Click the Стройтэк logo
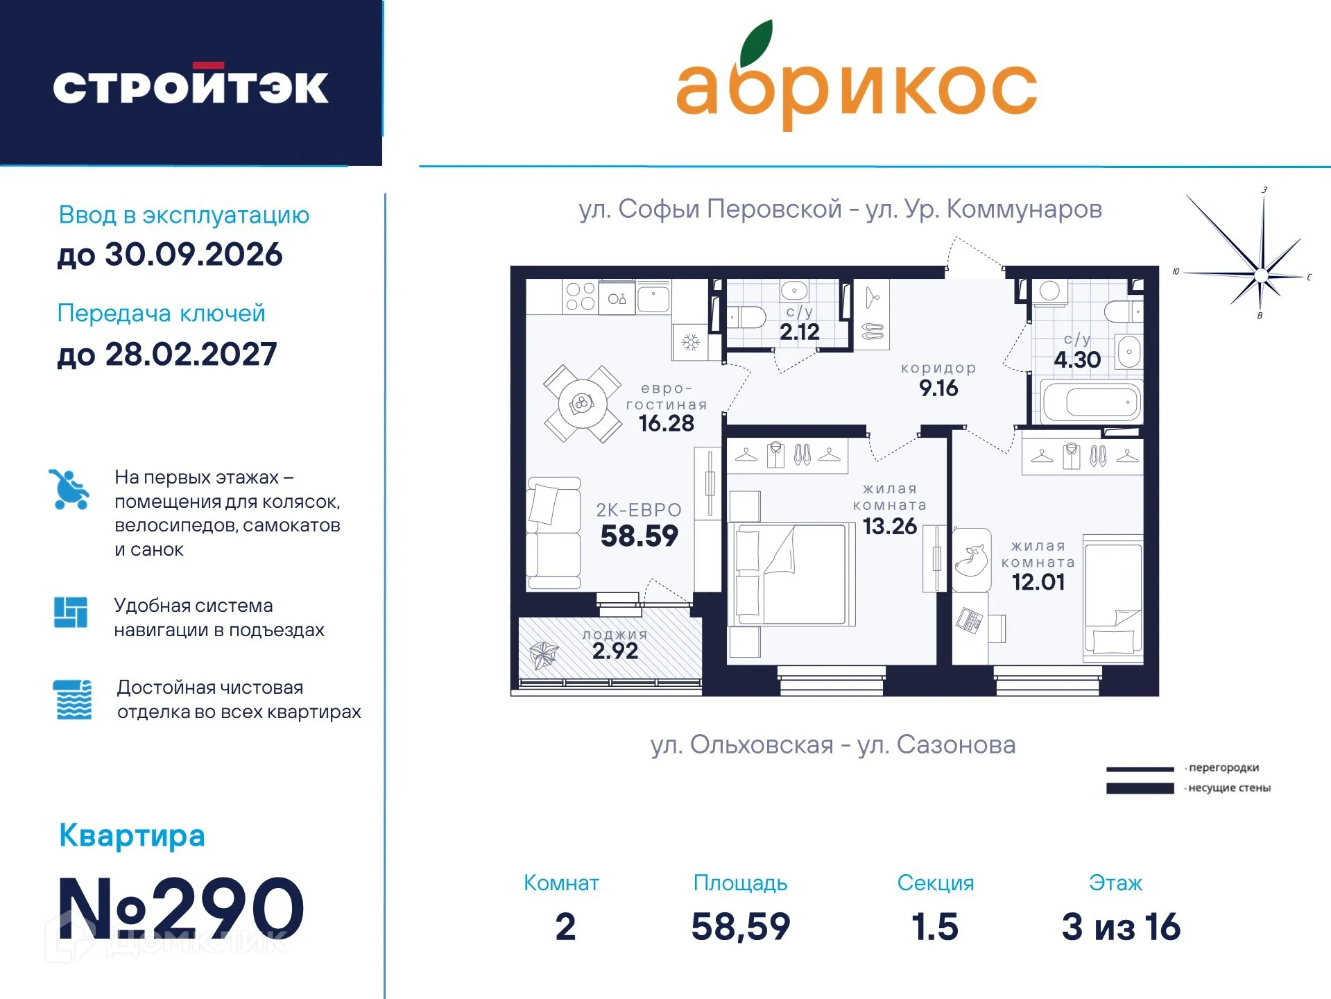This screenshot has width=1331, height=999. [191, 86]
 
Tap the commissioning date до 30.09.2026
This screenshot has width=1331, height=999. [170, 255]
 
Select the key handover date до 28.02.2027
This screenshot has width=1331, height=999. [167, 355]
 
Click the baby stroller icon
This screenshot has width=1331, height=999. [69, 489]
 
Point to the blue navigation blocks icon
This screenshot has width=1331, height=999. [71, 612]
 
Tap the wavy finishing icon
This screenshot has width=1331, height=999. [73, 699]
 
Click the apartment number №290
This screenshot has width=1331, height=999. [181, 908]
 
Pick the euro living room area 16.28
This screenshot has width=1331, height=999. [666, 423]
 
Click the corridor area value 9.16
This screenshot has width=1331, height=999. [938, 388]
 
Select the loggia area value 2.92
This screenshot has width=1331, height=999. [615, 651]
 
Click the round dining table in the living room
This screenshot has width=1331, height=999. [582, 403]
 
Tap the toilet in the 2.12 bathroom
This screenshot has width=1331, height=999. [746, 318]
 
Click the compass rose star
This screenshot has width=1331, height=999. [1261, 275]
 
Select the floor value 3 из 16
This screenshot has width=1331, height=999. [1120, 927]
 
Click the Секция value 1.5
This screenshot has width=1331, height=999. [934, 927]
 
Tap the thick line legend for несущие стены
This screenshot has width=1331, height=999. [1140, 788]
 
